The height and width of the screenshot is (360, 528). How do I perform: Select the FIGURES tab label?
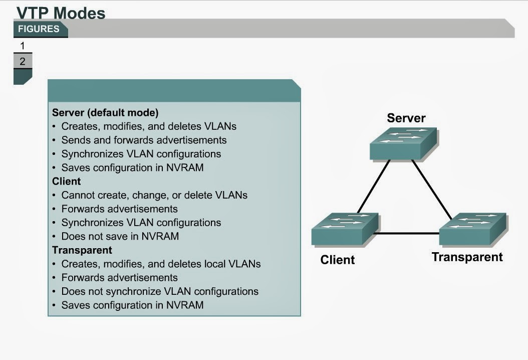(x=39, y=29)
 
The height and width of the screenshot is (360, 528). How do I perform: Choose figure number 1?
(x=22, y=46)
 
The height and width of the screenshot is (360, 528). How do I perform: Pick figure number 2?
(x=23, y=62)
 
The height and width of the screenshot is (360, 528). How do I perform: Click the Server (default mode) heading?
(x=105, y=112)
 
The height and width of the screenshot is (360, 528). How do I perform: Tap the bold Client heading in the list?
(x=66, y=181)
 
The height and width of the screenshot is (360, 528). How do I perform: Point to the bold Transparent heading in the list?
(x=82, y=250)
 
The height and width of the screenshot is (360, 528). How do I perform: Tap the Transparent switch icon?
(x=472, y=229)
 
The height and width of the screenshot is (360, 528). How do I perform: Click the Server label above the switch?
(x=406, y=118)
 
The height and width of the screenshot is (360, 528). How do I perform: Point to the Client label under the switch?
(x=337, y=260)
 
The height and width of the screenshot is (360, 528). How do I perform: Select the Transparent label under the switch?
(x=467, y=257)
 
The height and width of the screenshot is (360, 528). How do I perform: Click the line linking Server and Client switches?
(x=374, y=187)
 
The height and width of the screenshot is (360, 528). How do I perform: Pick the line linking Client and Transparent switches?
(x=407, y=234)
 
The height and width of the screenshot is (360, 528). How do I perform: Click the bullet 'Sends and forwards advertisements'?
(x=144, y=140)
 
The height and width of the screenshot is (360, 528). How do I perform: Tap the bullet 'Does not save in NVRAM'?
(x=120, y=236)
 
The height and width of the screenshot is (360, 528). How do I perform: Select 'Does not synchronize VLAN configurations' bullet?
(x=160, y=291)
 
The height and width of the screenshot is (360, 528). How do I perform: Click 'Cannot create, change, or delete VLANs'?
(x=154, y=195)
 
